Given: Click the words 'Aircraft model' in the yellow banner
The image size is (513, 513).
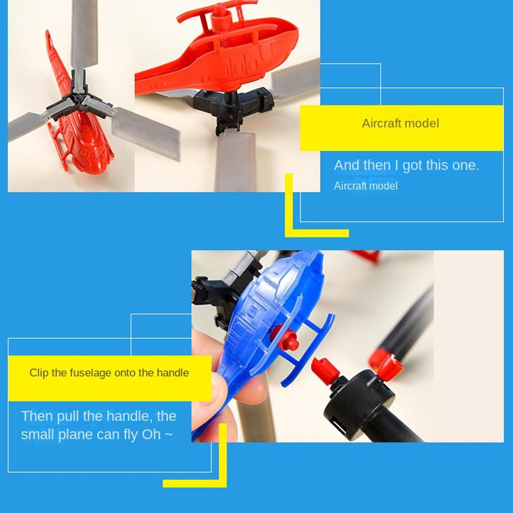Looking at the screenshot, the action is pyautogui.click(x=400, y=123).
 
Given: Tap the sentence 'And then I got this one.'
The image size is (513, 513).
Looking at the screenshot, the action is pyautogui.click(x=406, y=165).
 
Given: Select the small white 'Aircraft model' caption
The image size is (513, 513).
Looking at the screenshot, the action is pyautogui.click(x=365, y=186).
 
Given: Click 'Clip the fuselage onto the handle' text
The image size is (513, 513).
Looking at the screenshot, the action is pyautogui.click(x=109, y=373).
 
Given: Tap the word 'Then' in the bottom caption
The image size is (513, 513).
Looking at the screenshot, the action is pyautogui.click(x=37, y=416).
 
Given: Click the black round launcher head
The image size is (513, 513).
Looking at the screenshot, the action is pyautogui.click(x=359, y=397).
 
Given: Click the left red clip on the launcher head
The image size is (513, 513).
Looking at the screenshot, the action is pyautogui.click(x=324, y=368).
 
